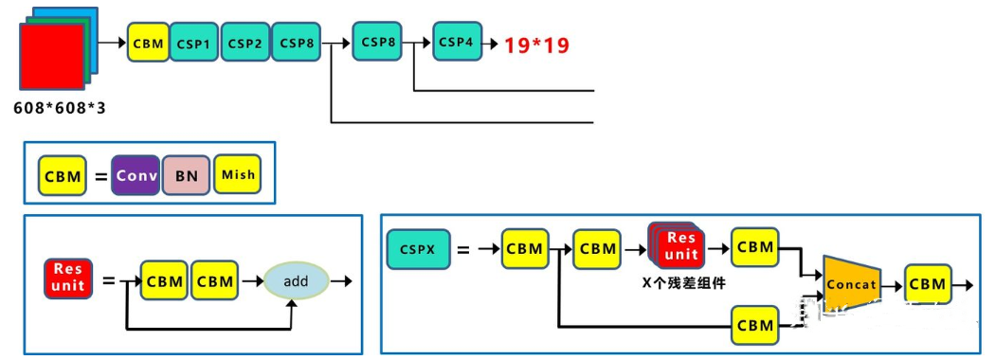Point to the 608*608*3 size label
click(x=60, y=108)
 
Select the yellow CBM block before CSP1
click(x=149, y=44)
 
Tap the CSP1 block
click(x=194, y=44)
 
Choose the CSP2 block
click(x=245, y=44)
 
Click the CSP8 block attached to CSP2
click(x=297, y=44)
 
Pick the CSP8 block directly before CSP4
click(x=378, y=42)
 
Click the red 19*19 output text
click(x=536, y=45)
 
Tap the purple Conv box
click(x=136, y=175)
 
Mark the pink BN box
click(x=186, y=175)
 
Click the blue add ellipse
click(x=296, y=280)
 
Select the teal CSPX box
click(x=417, y=249)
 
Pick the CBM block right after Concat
click(x=927, y=284)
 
